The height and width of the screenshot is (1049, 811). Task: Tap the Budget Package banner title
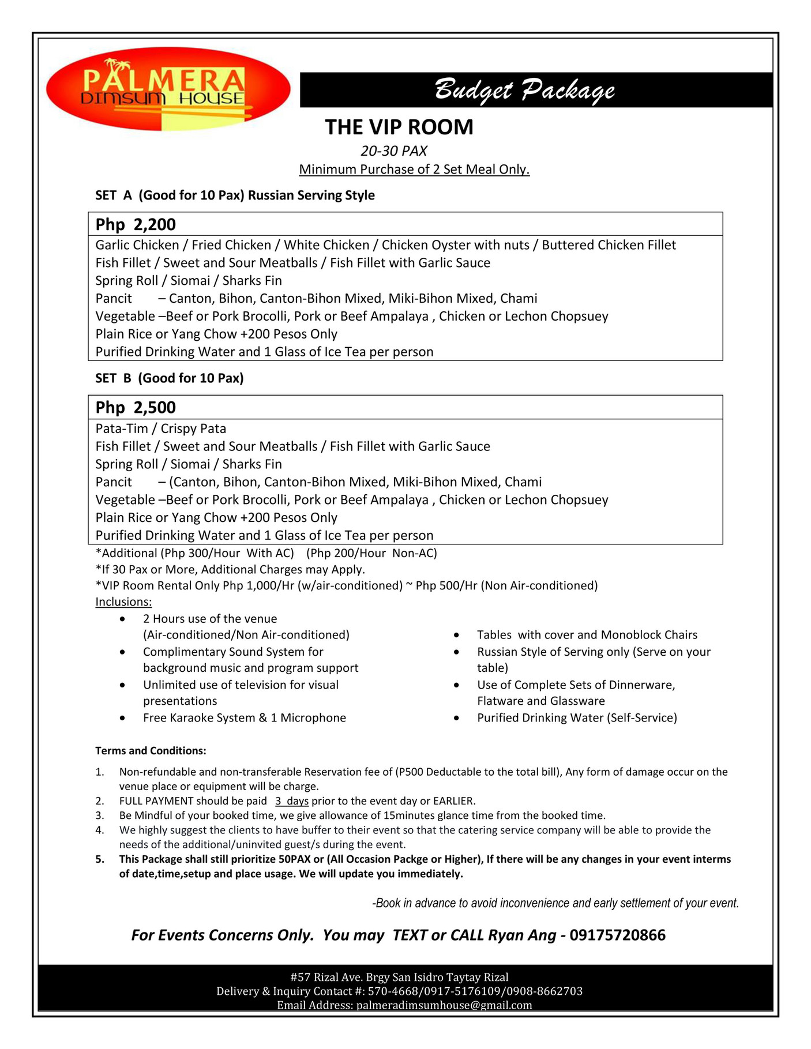[x=524, y=90]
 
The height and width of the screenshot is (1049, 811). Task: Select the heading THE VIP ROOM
[x=399, y=127]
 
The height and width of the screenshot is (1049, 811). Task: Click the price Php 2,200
[x=136, y=224]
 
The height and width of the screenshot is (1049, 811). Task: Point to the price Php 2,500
[x=136, y=408]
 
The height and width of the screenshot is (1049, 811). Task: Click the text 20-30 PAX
[x=394, y=151]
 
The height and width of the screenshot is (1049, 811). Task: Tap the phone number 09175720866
[x=617, y=935]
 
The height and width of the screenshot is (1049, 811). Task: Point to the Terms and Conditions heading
[x=151, y=751]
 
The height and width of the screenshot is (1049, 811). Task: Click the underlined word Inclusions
[x=123, y=601]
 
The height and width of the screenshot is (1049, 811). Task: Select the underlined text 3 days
[x=292, y=801]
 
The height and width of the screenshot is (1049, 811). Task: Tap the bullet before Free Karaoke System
[x=122, y=718]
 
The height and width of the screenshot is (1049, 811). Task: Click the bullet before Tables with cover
[x=456, y=635]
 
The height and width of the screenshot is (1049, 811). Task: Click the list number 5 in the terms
[x=100, y=859]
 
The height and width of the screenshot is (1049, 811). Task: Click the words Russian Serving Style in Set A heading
[x=311, y=195]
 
